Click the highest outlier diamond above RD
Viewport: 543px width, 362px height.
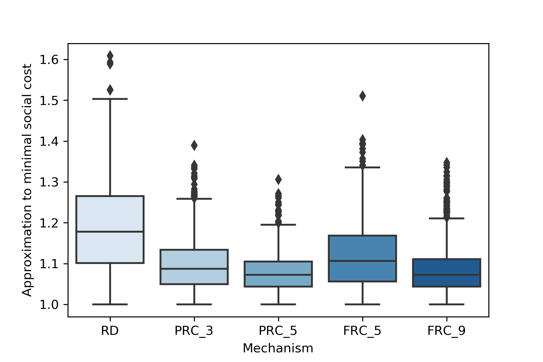[x=110, y=56]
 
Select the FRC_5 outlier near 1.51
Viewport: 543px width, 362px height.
[x=362, y=96]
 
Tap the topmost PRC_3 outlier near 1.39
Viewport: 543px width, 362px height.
[x=194, y=145]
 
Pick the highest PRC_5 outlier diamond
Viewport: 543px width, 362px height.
[x=278, y=179]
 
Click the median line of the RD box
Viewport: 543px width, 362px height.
[x=110, y=232]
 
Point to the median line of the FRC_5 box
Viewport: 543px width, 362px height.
[x=362, y=261]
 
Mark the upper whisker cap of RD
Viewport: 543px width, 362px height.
[x=110, y=99]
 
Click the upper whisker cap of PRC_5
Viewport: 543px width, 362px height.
[x=278, y=225]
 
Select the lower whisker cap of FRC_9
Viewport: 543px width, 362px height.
[x=446, y=304]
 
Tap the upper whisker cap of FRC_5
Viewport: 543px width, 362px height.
[x=362, y=167]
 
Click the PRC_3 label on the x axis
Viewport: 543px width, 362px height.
[x=194, y=331]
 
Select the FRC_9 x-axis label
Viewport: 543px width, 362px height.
[x=446, y=331]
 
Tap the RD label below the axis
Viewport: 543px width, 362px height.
[x=110, y=331]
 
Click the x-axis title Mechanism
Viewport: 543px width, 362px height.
[x=278, y=348]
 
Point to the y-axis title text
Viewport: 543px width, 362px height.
[x=27, y=180]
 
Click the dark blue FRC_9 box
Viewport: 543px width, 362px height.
[x=446, y=273]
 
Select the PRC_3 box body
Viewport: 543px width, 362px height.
[x=194, y=267]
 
